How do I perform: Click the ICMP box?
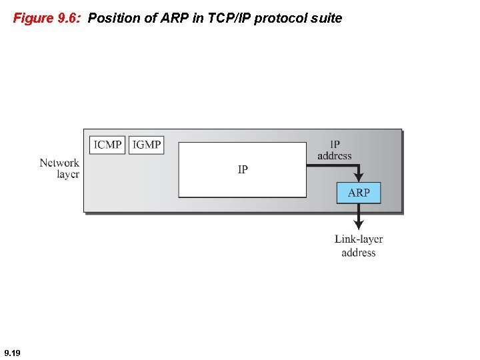click(107, 145)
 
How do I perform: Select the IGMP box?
click(146, 145)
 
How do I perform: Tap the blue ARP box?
click(359, 193)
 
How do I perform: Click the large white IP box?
click(243, 169)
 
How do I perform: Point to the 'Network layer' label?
click(59, 168)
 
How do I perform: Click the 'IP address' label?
click(335, 149)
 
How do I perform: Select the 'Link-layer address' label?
click(359, 245)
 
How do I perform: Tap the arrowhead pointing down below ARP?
click(359, 225)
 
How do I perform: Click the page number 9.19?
click(12, 352)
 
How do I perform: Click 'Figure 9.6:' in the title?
click(47, 19)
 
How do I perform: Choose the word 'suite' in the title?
click(327, 19)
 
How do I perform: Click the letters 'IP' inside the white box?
click(243, 169)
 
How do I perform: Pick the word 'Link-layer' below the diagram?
click(359, 239)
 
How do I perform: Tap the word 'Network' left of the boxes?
click(59, 163)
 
